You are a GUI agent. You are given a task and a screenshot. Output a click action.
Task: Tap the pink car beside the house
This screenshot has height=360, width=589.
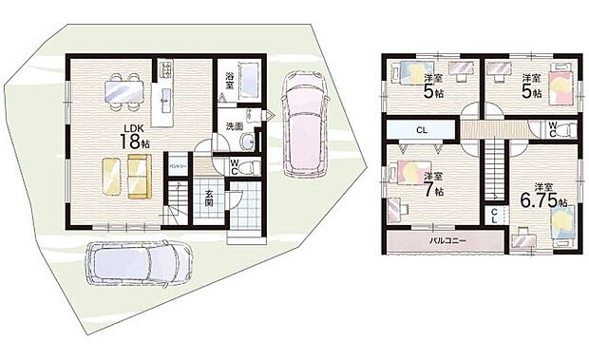coord(302,121)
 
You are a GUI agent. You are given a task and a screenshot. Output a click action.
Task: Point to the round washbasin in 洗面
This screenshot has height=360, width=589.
coord(247,142)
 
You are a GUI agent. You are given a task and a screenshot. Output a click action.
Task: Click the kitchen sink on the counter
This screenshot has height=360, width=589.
coord(164,99)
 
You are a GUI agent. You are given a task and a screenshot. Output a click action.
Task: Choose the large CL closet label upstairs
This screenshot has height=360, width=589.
coord(420,130)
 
